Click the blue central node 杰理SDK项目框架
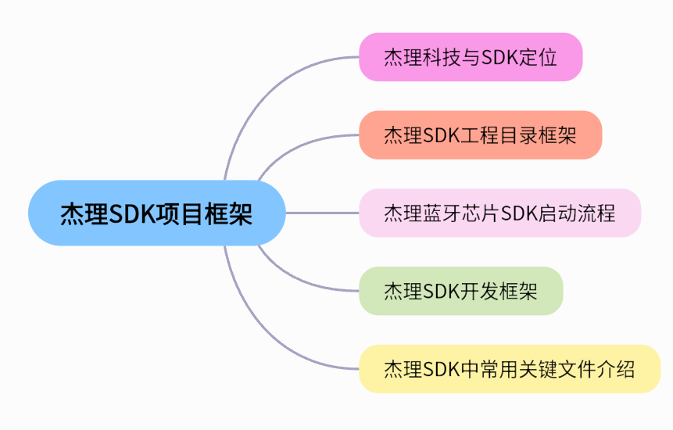click(x=156, y=213)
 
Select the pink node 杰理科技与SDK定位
click(x=471, y=57)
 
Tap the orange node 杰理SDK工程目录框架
click(x=480, y=134)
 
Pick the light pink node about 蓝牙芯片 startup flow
click(x=499, y=213)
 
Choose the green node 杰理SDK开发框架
click(x=460, y=291)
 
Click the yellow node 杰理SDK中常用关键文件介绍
click(x=509, y=369)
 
